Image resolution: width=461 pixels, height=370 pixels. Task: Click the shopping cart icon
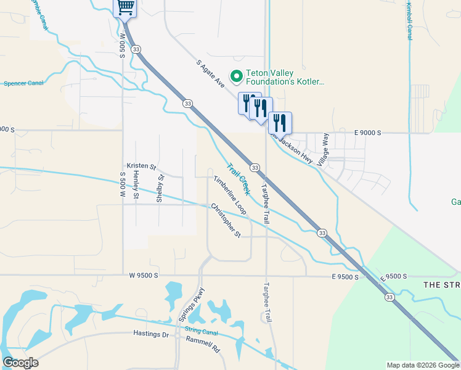coord(125,7)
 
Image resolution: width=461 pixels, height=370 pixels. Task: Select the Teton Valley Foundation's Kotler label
coord(285,76)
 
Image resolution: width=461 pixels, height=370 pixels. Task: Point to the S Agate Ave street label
coord(211,74)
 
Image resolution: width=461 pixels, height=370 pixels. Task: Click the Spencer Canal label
coord(22,83)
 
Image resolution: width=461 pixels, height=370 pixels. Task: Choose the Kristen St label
coord(142,166)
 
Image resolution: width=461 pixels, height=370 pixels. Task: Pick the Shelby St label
coord(160,189)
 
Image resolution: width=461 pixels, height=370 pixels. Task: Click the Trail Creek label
coord(238,179)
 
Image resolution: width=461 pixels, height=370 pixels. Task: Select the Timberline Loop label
coord(230,195)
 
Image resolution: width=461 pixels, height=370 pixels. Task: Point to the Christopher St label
coord(225,220)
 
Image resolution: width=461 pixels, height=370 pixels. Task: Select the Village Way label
coord(323,150)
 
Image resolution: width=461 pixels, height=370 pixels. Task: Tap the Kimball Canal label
coord(410,20)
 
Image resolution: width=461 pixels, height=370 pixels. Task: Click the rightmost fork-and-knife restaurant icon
coord(280,122)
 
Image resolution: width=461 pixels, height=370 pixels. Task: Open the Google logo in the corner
coord(20,363)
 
